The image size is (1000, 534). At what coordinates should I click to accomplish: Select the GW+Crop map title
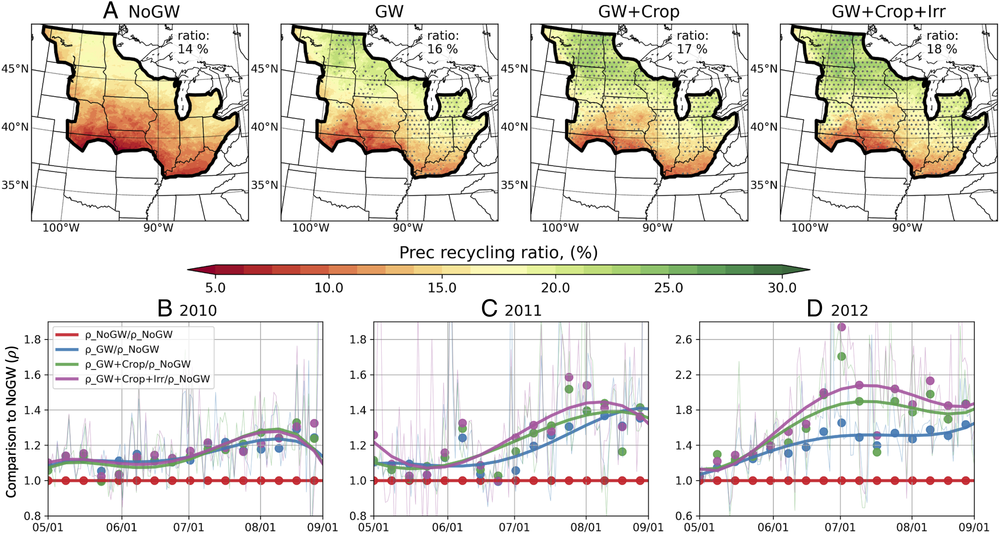coord(639,12)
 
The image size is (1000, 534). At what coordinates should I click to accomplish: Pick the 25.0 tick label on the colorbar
coord(668,288)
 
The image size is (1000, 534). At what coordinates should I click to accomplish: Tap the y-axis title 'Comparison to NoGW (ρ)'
coord(11,422)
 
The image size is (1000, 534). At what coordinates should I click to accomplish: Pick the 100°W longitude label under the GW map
coord(311,228)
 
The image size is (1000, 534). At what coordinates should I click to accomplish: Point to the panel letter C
coord(489,309)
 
